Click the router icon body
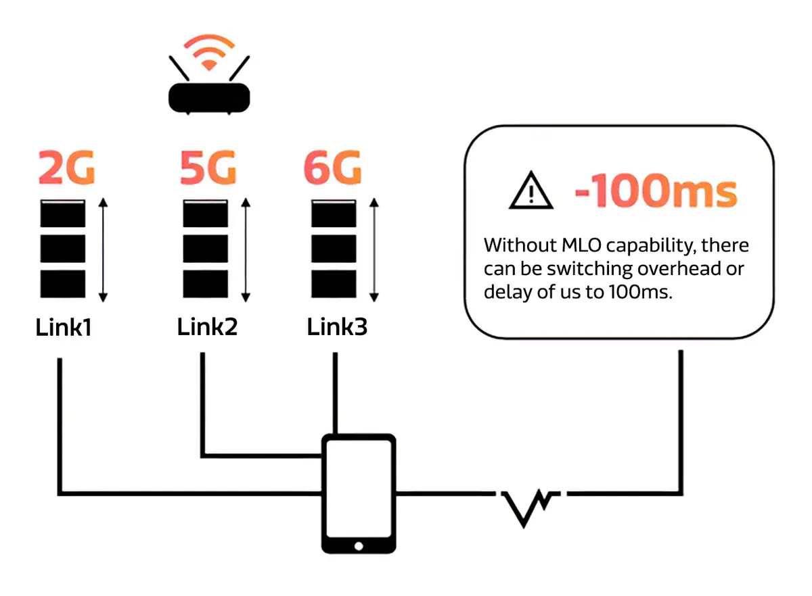tap(208, 97)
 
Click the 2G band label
tap(66, 169)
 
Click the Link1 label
tap(64, 328)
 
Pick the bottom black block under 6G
tap(334, 283)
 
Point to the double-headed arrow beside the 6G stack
tap(374, 250)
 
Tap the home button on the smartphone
tap(358, 545)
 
